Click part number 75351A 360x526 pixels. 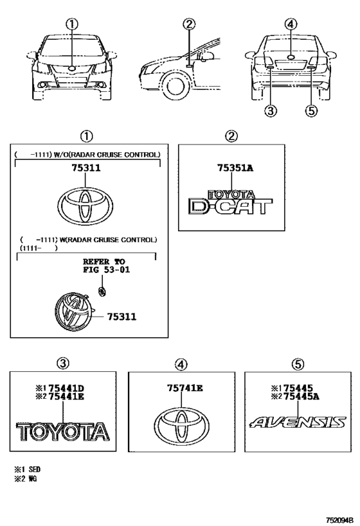235,168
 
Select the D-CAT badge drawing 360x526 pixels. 230,202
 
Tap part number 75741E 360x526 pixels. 185,388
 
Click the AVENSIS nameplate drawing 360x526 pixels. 298,423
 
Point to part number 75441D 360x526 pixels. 66,389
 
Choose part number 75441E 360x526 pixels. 66,397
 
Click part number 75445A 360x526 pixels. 301,397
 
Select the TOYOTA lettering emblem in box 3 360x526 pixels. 63,432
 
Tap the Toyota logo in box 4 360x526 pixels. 182,425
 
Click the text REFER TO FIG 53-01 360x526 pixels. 106,266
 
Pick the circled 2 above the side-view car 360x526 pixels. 189,24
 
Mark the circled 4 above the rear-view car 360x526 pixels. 291,24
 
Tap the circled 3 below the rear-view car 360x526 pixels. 271,110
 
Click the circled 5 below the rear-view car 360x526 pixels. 311,110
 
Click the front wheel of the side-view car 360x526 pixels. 175,87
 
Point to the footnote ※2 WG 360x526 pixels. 25,478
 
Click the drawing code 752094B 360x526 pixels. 340,520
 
